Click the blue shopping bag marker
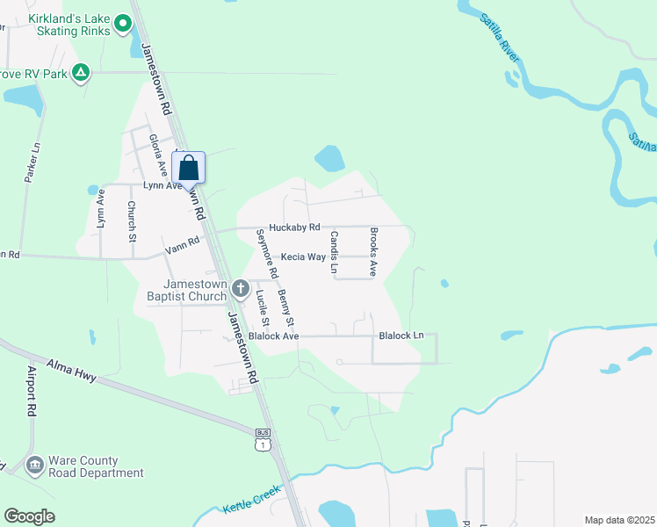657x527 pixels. point(193,167)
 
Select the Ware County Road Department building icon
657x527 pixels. point(35,464)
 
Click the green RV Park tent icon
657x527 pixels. point(81,72)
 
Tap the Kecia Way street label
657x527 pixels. point(303,257)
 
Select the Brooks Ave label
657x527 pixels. point(373,253)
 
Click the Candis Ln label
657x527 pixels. point(334,252)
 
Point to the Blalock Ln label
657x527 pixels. point(401,336)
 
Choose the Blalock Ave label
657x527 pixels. point(274,336)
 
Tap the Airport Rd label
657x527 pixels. point(32,390)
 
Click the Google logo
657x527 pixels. point(29,516)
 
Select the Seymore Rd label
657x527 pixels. point(266,254)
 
